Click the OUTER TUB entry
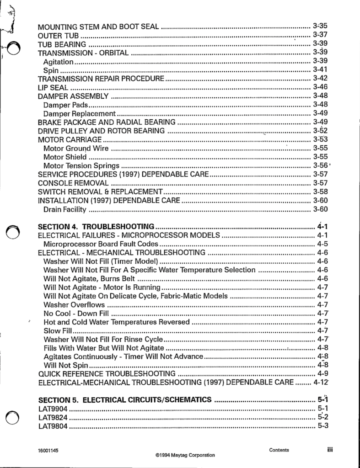click(x=59, y=35)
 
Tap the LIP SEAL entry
click(x=53, y=87)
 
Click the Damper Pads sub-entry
click(x=65, y=105)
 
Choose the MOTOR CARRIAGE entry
click(x=70, y=139)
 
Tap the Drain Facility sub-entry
click(x=64, y=209)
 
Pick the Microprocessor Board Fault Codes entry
click(x=101, y=244)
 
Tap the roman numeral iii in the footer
click(x=329, y=450)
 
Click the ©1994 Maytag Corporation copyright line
click(x=185, y=455)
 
